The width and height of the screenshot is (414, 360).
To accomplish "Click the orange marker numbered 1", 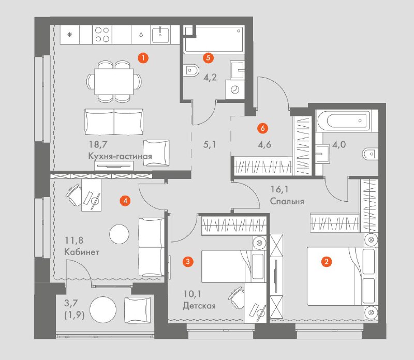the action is click(143, 58).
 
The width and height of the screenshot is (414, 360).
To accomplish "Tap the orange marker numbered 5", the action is click(208, 57).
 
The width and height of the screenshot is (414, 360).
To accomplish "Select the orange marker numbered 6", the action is click(262, 128).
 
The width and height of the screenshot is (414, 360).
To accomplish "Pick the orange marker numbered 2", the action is click(327, 262).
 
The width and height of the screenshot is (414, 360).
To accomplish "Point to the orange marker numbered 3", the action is click(188, 262).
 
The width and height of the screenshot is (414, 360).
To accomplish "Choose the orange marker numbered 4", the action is click(125, 201).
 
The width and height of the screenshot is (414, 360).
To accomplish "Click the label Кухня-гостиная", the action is click(120, 156).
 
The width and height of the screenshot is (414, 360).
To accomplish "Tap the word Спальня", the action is click(287, 201).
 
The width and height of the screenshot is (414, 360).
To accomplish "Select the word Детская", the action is click(199, 306).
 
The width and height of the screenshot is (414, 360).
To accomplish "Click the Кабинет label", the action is click(82, 252).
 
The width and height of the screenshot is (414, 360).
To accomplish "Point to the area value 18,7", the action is click(98, 145).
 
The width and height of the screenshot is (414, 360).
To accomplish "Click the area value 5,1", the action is click(210, 145).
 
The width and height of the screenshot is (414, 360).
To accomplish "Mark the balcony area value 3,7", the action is click(71, 303).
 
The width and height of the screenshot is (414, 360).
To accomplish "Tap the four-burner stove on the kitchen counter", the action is click(102, 34).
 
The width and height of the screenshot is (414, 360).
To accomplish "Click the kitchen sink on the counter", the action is click(160, 34).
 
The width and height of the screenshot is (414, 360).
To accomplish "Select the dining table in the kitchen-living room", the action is click(114, 82).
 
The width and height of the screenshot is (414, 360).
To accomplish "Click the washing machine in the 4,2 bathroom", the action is click(235, 90).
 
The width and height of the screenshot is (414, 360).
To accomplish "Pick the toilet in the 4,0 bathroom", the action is click(371, 154).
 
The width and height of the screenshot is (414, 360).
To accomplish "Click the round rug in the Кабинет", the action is click(120, 234).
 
